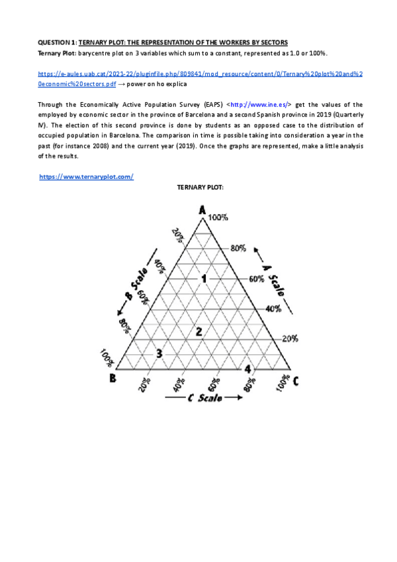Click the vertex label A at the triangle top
tap(202, 210)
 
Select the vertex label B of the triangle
tap(113, 378)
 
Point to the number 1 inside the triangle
tap(204, 279)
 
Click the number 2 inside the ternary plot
tap(197, 331)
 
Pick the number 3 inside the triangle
tap(158, 353)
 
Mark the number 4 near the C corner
tap(247, 368)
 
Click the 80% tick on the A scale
tap(238, 248)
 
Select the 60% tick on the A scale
tap(256, 279)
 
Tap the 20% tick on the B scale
tap(177, 235)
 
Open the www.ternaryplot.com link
tap(87, 176)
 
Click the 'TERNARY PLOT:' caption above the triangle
tap(200, 188)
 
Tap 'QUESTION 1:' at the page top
tap(57, 42)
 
